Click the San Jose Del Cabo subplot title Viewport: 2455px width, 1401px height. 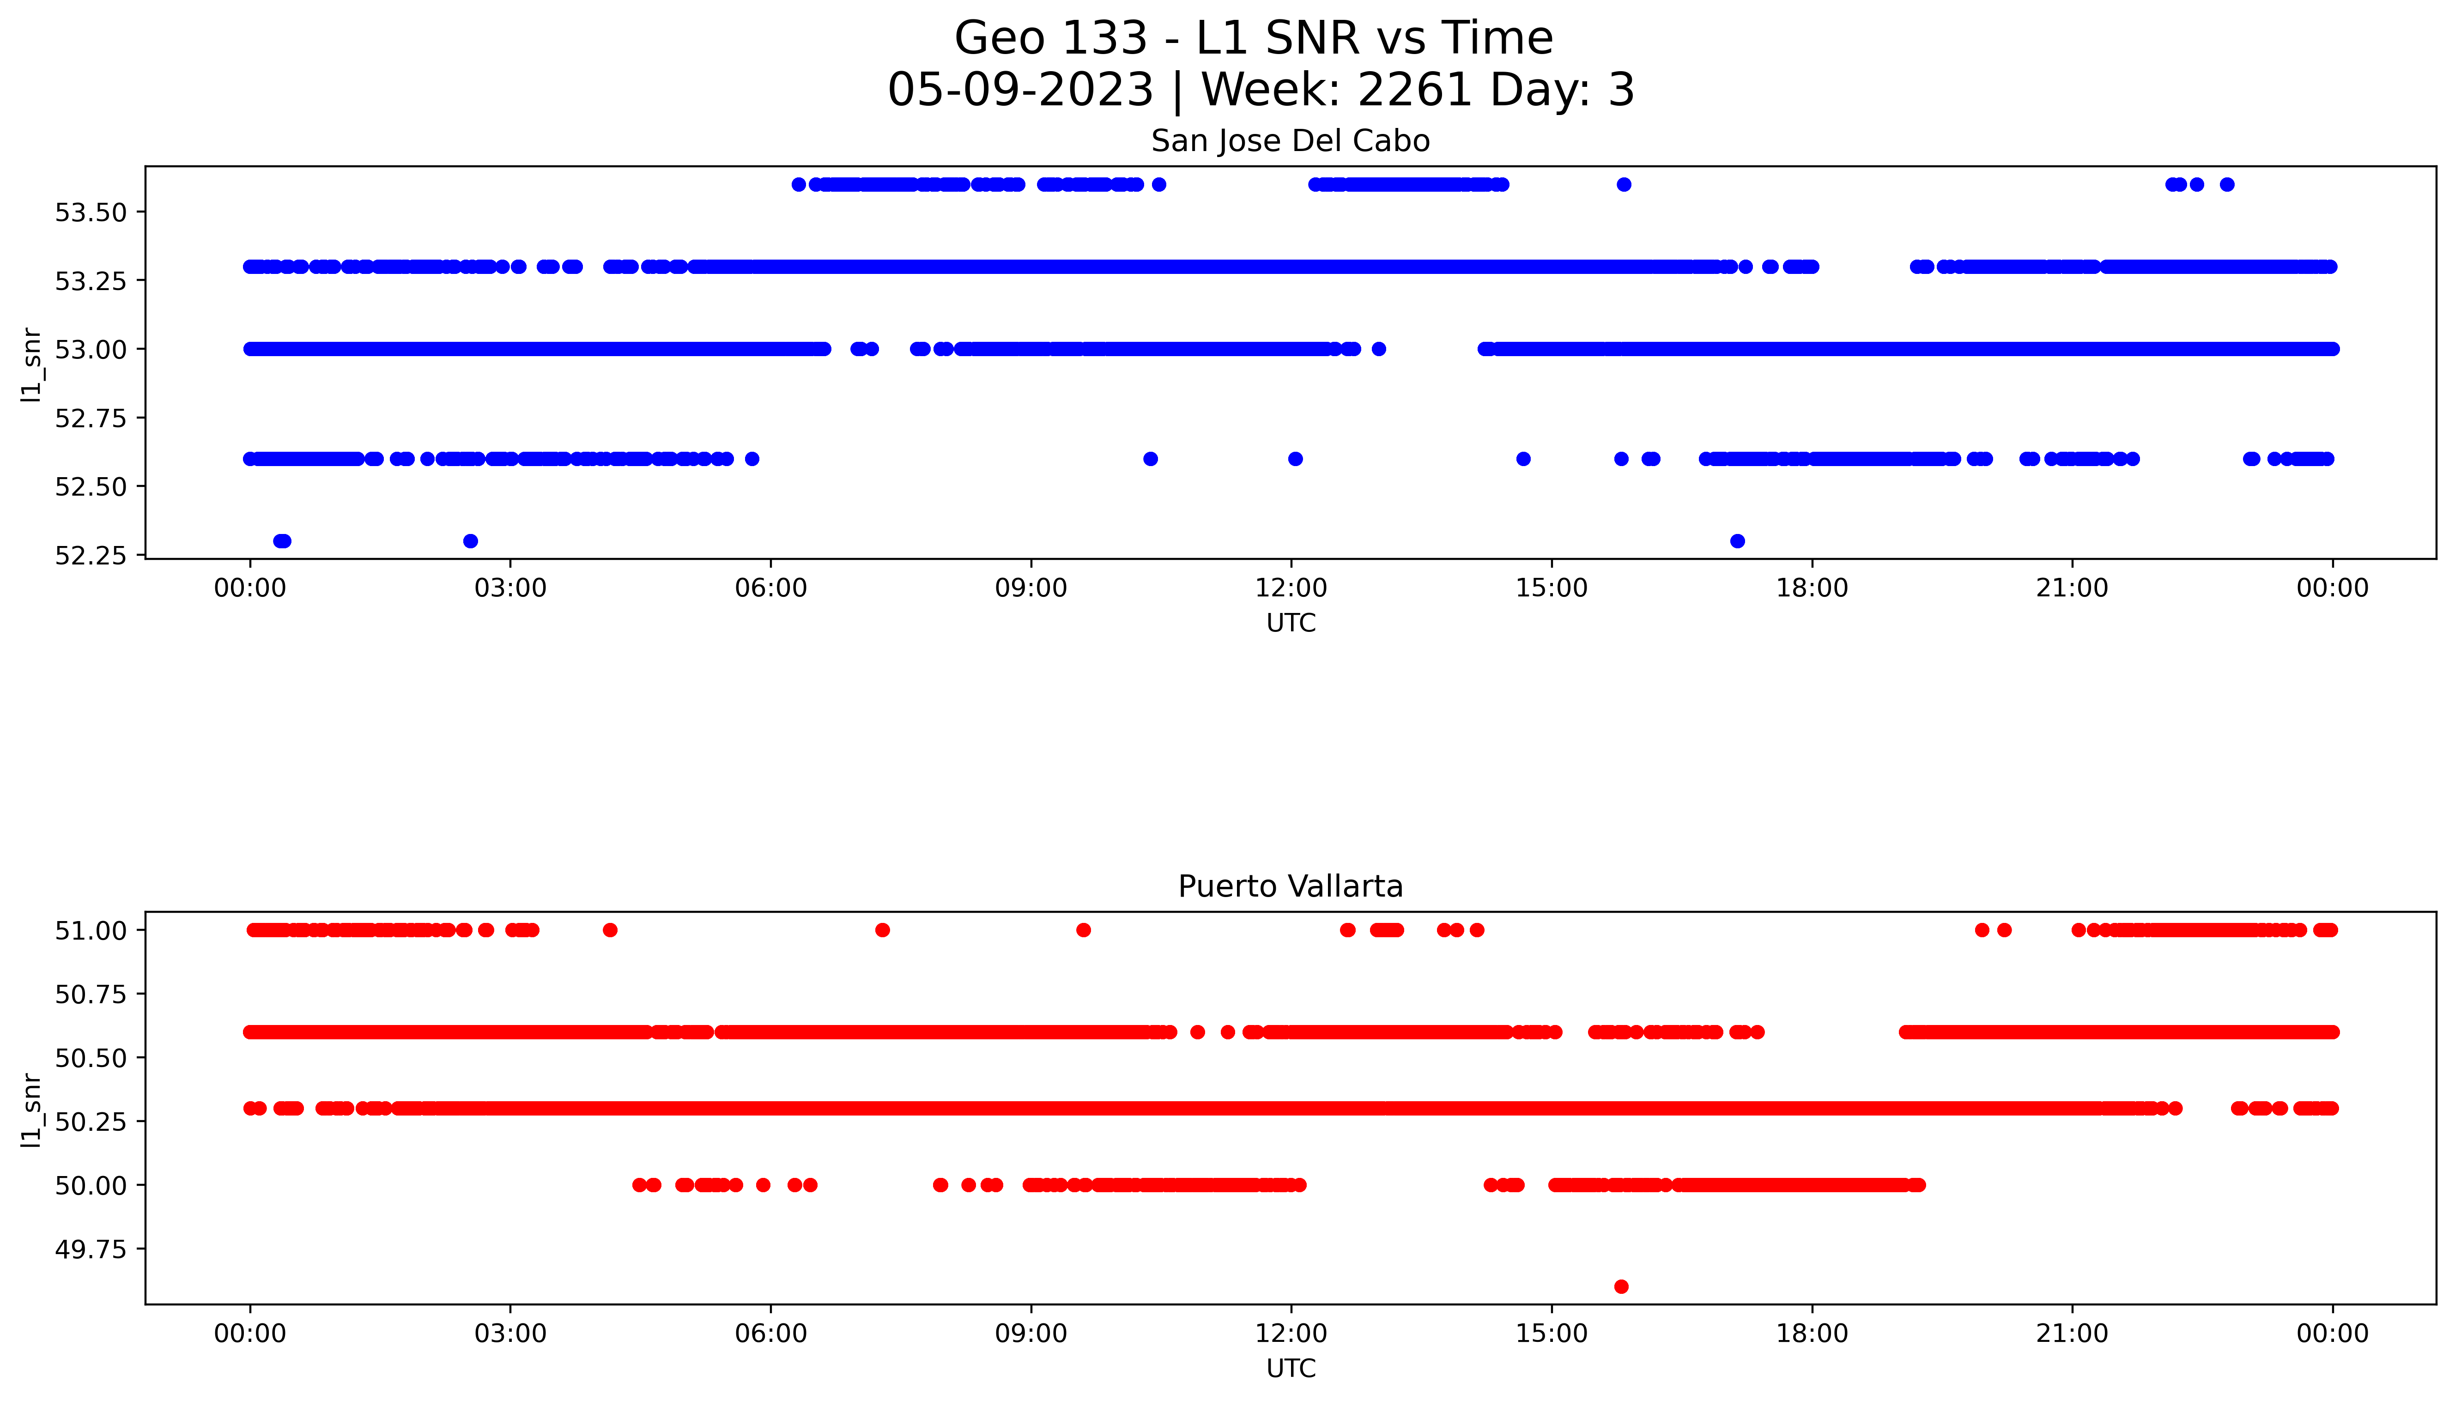(1290, 141)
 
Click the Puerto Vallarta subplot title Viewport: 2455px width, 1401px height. (1290, 886)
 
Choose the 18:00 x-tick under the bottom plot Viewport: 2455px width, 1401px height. (1812, 1334)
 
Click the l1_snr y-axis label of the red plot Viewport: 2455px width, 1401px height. (32, 1110)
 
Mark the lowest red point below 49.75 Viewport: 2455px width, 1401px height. (1621, 1286)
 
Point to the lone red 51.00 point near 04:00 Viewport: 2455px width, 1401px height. (610, 929)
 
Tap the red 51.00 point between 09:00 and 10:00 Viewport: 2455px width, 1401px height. (1083, 929)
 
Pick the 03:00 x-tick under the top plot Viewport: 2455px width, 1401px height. (510, 588)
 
